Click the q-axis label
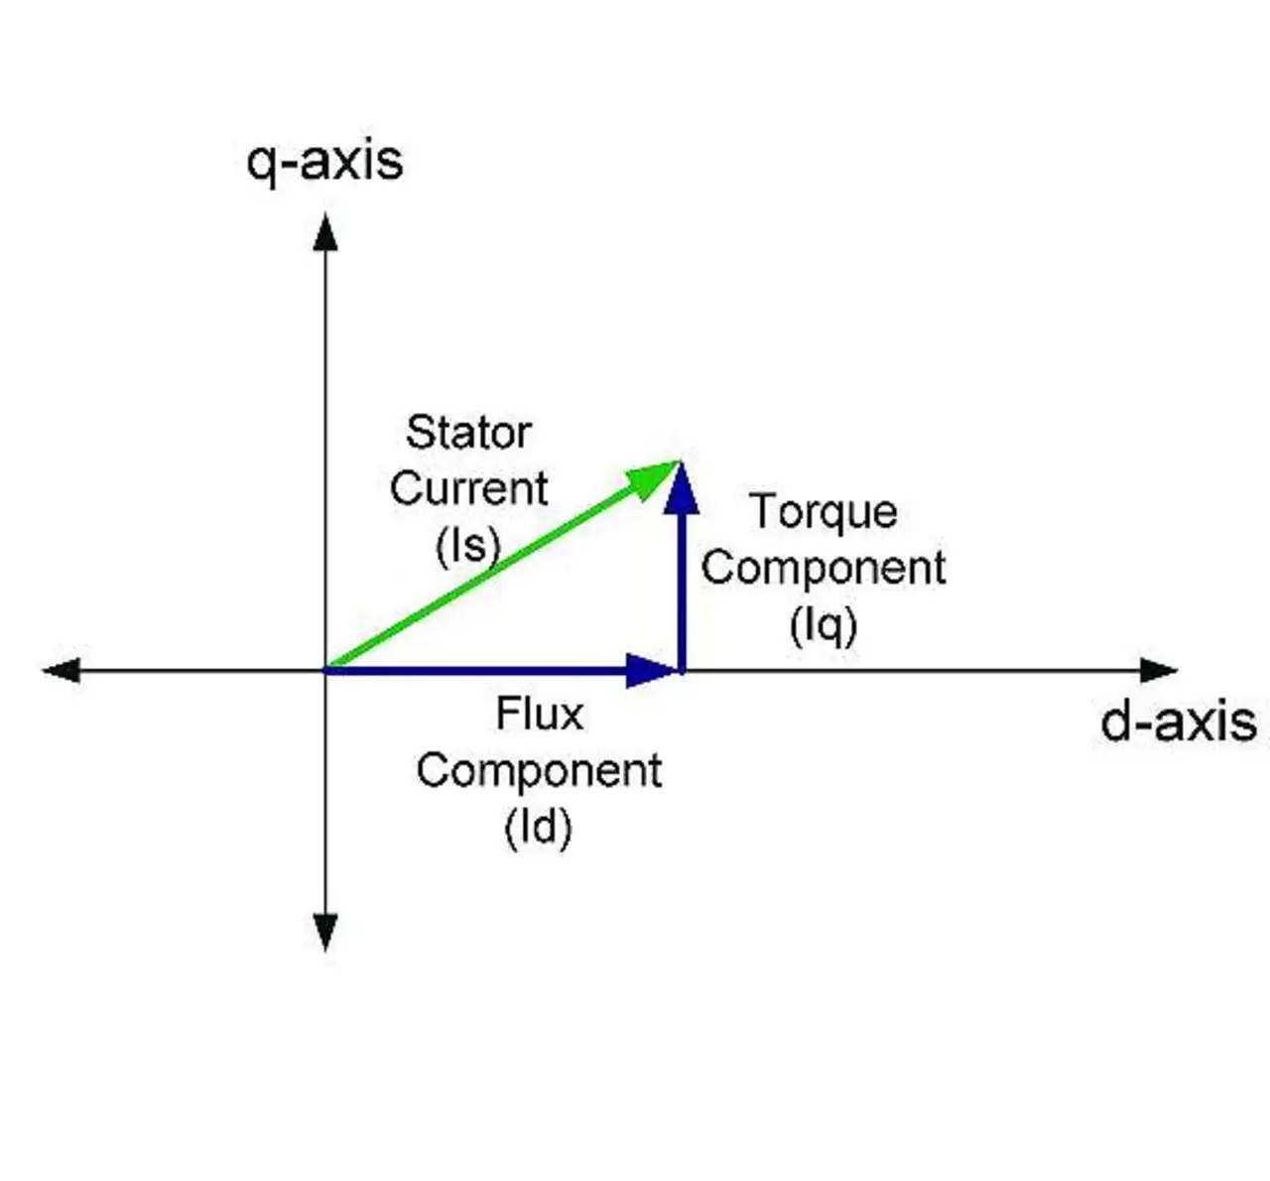tap(324, 161)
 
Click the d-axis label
tap(1178, 721)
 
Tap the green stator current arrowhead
tap(659, 476)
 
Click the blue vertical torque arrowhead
tap(681, 489)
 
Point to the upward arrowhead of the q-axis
tap(325, 232)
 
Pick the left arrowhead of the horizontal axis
tap(62, 671)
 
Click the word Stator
tap(468, 433)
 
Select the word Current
tap(468, 488)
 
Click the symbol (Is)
tap(467, 545)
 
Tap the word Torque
tap(824, 512)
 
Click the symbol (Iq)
tap(824, 625)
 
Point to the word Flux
tap(539, 714)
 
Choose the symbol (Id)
tap(539, 827)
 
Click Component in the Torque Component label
tap(824, 569)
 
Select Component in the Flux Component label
tap(539, 771)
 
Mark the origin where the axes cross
tap(325, 671)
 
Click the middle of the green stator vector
tap(496, 570)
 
